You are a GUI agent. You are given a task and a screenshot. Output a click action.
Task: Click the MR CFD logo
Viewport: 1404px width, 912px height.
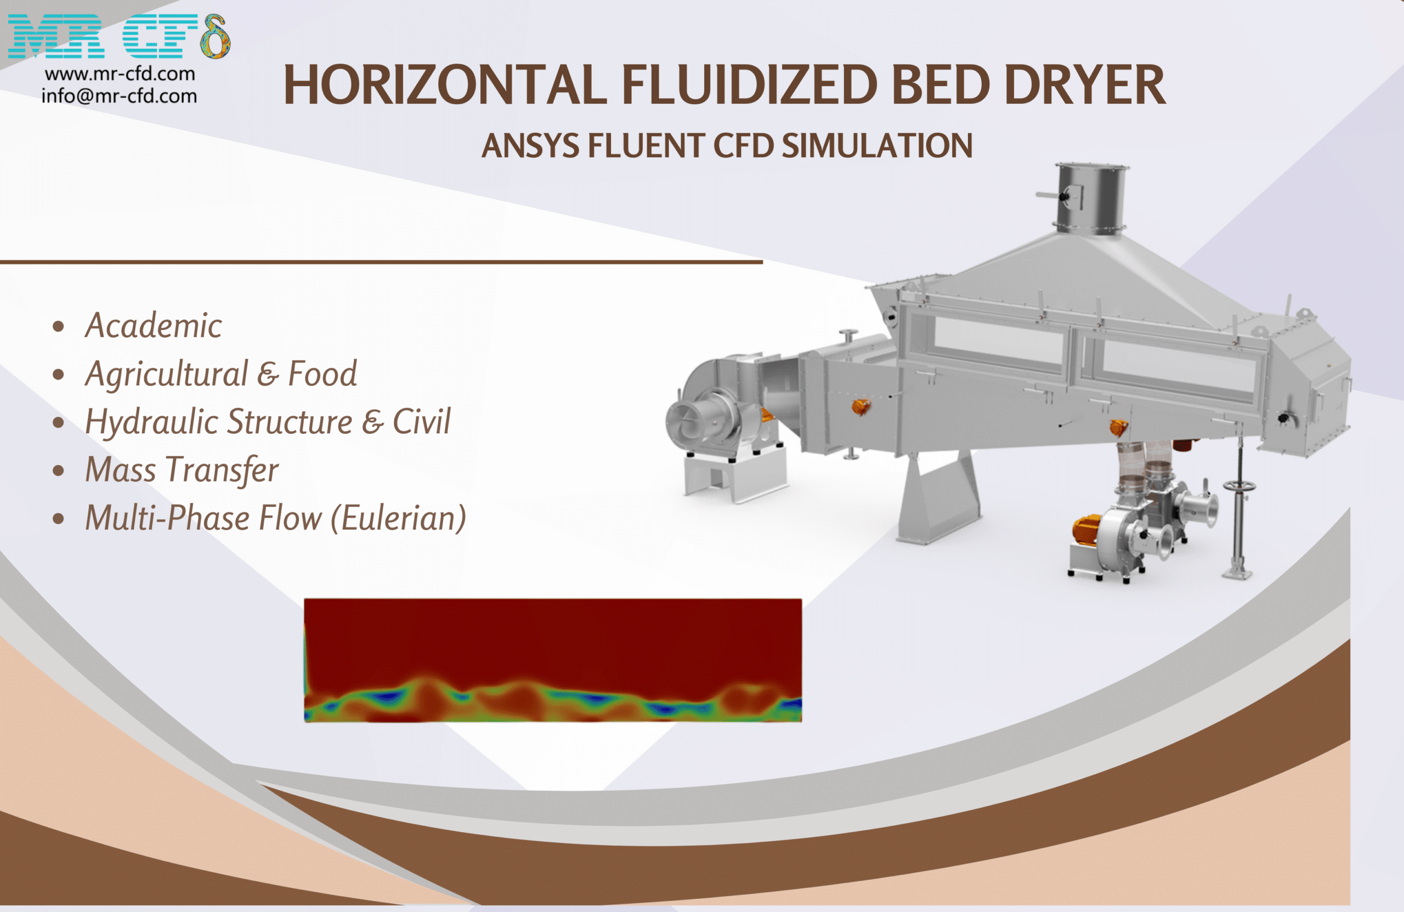tap(118, 36)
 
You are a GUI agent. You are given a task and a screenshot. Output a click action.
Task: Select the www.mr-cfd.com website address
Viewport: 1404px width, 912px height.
tap(120, 73)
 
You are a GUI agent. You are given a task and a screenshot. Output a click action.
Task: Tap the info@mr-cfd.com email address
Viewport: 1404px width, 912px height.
tap(119, 95)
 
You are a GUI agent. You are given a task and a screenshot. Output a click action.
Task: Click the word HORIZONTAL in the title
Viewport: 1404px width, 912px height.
tap(445, 86)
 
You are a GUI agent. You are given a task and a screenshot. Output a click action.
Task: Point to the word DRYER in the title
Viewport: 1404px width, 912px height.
tap(1085, 86)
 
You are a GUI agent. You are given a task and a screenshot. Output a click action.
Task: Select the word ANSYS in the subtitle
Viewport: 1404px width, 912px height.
tap(530, 146)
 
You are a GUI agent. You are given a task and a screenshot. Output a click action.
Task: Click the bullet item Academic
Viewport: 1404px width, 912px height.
tap(154, 326)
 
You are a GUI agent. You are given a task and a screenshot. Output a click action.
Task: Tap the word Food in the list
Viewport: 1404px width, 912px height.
tap(322, 374)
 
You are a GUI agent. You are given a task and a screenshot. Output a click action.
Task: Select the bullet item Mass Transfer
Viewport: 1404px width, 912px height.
tap(182, 470)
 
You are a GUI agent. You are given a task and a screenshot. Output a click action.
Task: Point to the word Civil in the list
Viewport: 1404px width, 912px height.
tap(421, 422)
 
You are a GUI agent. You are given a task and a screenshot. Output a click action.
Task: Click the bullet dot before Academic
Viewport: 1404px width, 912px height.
tap(58, 326)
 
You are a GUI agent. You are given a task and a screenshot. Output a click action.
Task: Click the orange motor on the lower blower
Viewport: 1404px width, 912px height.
tap(1087, 530)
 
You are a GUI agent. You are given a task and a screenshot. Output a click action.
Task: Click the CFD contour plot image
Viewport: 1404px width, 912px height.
tap(553, 660)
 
